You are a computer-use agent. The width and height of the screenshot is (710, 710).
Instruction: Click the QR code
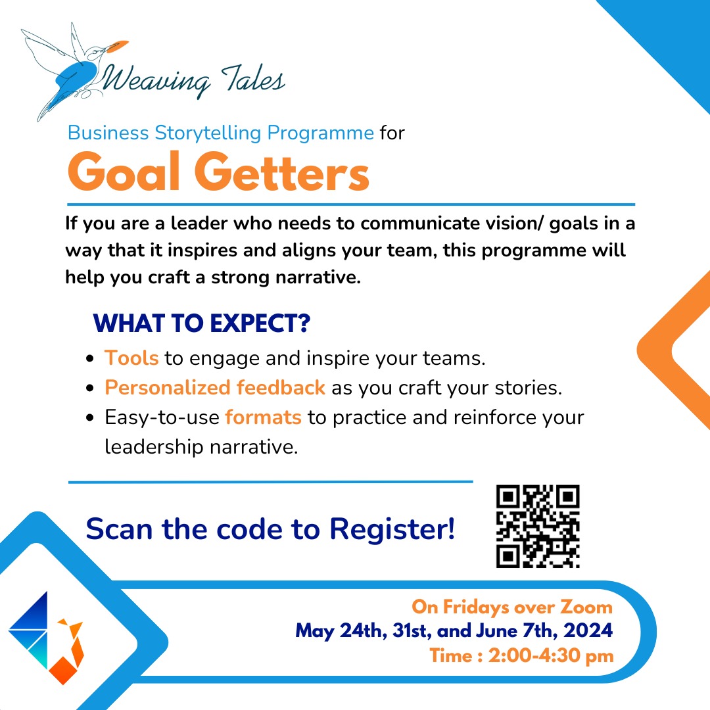(x=538, y=526)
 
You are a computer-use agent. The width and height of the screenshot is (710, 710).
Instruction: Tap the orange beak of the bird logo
(x=117, y=45)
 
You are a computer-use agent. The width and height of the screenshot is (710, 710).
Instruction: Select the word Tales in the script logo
(x=254, y=78)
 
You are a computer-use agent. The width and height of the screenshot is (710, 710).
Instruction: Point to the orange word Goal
(x=124, y=172)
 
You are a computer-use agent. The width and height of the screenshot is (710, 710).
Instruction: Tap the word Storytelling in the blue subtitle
(x=208, y=133)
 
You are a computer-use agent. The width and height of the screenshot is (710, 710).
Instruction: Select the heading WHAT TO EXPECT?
(x=202, y=323)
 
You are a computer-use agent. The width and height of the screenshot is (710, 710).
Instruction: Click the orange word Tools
(x=131, y=358)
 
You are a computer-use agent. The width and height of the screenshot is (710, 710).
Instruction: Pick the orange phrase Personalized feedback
(x=215, y=388)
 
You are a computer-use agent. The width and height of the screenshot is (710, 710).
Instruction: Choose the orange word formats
(x=263, y=417)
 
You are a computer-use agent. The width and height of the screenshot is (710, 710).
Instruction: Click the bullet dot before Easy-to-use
(x=89, y=417)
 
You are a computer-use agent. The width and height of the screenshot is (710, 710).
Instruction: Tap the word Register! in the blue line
(x=392, y=529)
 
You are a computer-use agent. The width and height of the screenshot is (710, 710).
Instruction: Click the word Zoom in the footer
(x=586, y=607)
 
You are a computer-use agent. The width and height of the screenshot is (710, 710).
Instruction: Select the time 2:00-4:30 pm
(x=551, y=655)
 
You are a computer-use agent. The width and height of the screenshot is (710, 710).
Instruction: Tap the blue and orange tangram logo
(x=46, y=638)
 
